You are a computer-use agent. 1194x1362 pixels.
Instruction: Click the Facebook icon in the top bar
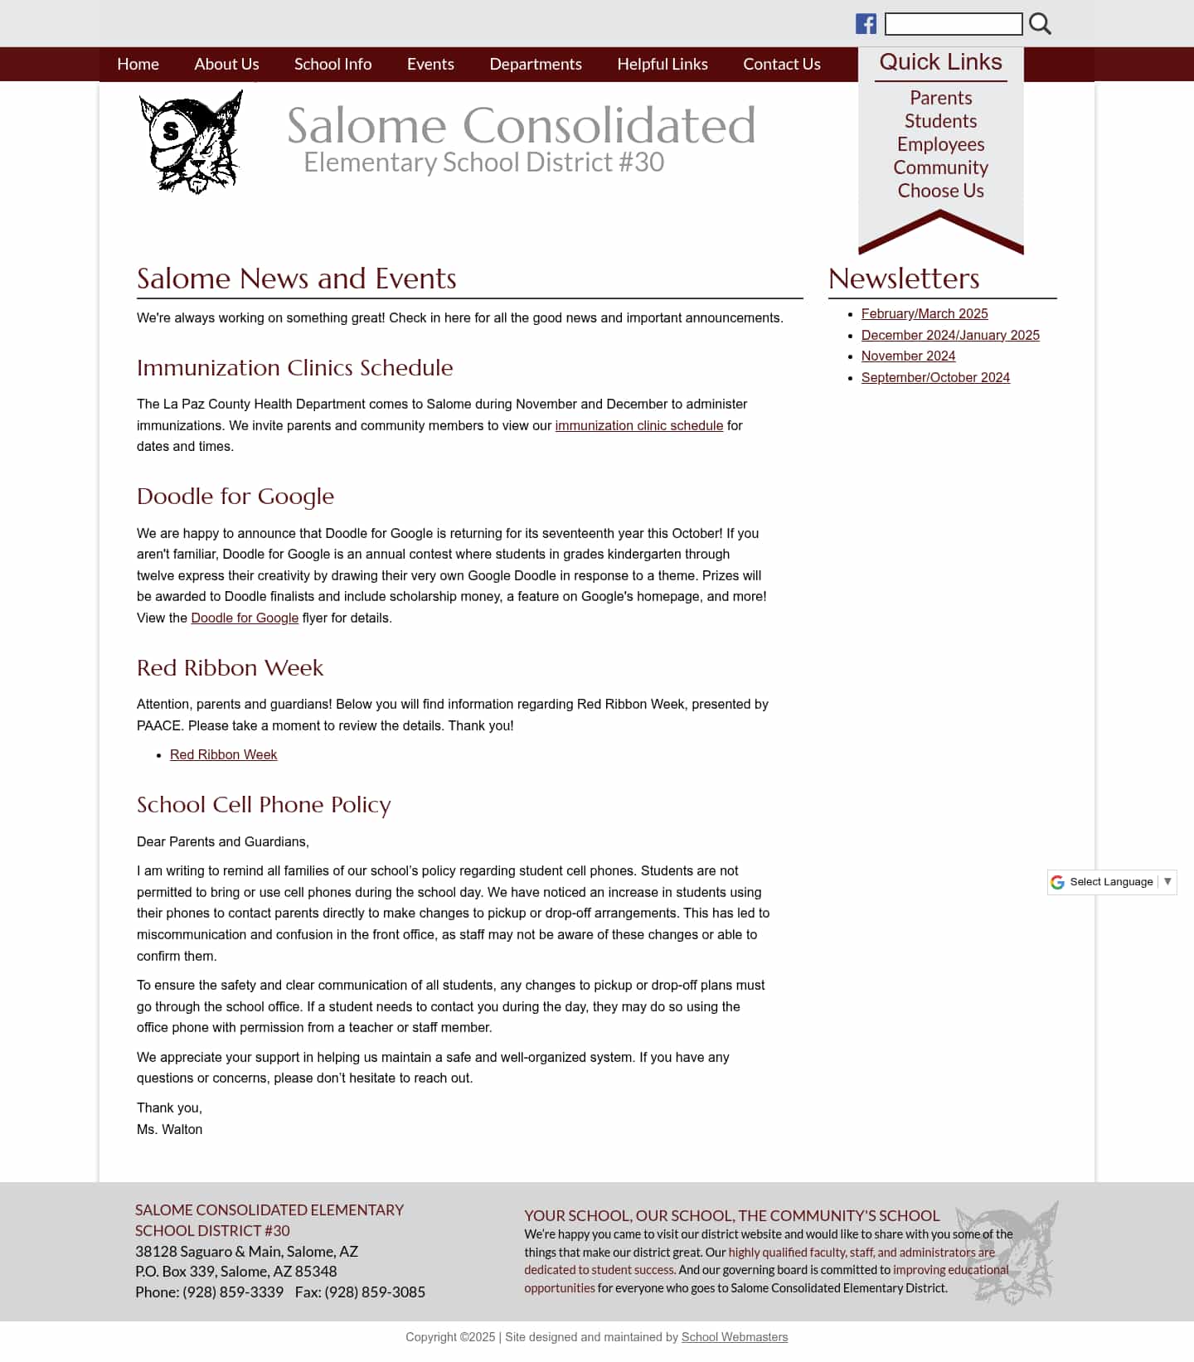click(x=866, y=24)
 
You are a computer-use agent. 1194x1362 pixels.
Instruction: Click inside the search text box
click(x=953, y=24)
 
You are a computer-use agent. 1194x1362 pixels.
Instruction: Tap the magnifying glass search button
click(x=1040, y=24)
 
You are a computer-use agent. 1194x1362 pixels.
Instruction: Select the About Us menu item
click(x=226, y=64)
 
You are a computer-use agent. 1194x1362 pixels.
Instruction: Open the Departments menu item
click(x=536, y=64)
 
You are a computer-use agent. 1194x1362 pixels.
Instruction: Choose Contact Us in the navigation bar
click(x=781, y=64)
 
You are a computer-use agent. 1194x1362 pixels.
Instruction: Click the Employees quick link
click(x=940, y=144)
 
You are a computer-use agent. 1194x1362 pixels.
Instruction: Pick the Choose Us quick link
click(x=940, y=191)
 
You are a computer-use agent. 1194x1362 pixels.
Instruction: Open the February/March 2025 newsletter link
click(x=925, y=313)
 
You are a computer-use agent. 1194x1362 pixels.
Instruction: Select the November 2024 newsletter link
click(x=908, y=356)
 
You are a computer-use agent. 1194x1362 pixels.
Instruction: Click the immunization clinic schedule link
click(x=638, y=425)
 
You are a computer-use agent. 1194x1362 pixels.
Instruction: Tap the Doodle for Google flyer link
click(x=245, y=618)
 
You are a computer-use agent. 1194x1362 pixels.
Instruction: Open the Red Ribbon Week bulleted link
click(x=223, y=754)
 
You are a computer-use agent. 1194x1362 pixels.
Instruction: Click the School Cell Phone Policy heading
click(x=264, y=804)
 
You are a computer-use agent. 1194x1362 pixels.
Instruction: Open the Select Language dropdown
click(x=1112, y=882)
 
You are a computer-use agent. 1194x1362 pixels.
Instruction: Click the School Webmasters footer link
click(x=734, y=1337)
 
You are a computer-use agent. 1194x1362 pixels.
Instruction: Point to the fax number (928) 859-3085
click(x=375, y=1292)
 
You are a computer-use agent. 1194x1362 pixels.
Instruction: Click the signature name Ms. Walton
click(x=170, y=1129)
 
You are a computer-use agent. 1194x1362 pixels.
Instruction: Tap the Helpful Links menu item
click(x=662, y=64)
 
